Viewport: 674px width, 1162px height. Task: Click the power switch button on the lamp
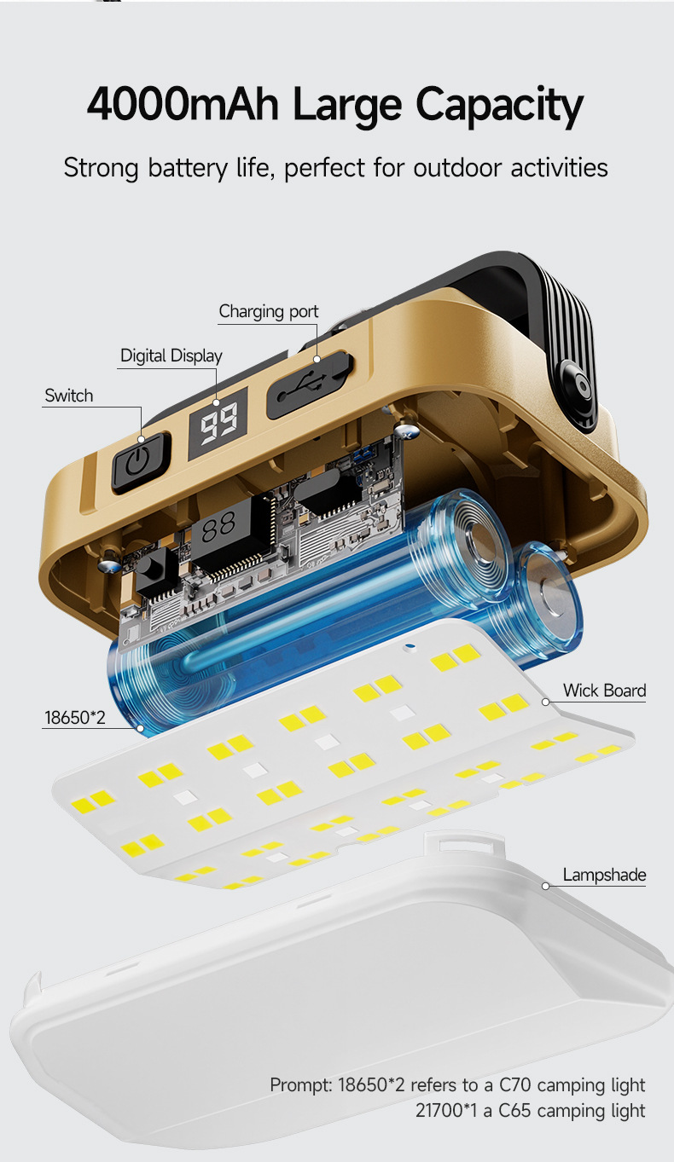[141, 461]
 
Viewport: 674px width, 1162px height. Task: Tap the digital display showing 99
[218, 424]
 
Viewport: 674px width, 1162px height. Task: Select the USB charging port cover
[310, 384]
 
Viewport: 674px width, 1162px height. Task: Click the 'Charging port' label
[269, 311]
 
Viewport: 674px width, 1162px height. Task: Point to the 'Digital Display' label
[171, 356]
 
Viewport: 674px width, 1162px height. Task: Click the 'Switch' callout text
[69, 396]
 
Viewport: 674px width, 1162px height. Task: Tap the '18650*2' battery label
[75, 718]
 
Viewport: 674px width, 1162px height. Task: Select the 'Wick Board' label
[604, 691]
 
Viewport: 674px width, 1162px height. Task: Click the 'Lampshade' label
[604, 875]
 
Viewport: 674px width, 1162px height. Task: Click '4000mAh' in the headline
[183, 104]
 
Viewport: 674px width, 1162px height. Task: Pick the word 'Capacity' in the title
[500, 107]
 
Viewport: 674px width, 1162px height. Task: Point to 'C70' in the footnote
[515, 1084]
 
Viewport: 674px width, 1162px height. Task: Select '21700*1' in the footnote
[446, 1111]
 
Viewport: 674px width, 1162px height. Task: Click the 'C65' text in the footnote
[514, 1111]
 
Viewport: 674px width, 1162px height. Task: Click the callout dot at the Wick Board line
[545, 702]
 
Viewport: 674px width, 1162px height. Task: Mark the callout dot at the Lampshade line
[545, 886]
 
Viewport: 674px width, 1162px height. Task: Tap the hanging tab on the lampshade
[464, 842]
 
